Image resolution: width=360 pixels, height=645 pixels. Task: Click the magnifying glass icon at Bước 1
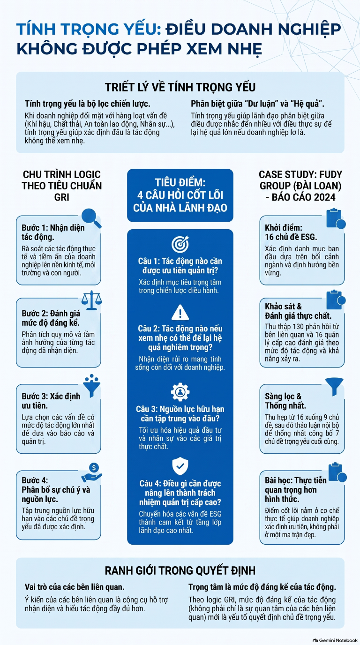[x=91, y=218]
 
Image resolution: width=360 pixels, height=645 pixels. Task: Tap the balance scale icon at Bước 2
[x=91, y=300]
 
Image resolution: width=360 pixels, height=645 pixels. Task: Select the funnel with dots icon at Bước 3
[x=91, y=386]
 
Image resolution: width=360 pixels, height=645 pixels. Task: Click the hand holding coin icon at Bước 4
[x=92, y=473]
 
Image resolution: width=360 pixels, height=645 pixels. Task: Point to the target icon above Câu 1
[x=180, y=244]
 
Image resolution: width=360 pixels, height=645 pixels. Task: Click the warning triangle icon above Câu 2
[x=180, y=312]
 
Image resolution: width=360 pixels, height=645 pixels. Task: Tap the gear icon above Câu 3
[x=180, y=392]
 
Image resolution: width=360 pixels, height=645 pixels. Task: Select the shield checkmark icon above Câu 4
[x=180, y=466]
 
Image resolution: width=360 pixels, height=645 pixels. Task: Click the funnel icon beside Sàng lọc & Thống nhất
[x=334, y=387]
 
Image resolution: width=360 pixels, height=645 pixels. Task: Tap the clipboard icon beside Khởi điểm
[x=336, y=218]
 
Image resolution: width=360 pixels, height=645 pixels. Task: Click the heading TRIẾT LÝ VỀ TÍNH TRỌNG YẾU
[x=180, y=87]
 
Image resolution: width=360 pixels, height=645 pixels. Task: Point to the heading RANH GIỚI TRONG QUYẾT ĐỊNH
[x=180, y=570]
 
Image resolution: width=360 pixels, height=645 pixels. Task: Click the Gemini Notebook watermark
[x=335, y=640]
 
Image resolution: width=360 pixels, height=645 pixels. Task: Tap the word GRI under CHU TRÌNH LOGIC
[x=61, y=197]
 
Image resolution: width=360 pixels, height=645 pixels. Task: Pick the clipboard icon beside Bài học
[x=337, y=473]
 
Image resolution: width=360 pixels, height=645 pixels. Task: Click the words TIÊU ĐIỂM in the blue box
[x=180, y=182]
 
